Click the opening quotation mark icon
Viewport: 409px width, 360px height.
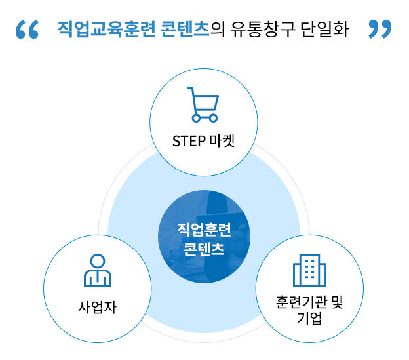point(27,29)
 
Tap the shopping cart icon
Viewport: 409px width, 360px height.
point(203,104)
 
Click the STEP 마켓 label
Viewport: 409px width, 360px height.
point(203,142)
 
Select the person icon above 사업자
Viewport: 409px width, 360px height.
point(98,270)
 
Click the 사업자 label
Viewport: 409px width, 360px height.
point(97,307)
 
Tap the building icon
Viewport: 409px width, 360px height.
point(309,270)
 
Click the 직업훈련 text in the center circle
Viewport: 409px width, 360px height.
point(204,230)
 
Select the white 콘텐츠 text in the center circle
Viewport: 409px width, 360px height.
point(204,249)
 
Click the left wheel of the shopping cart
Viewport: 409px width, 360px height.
point(195,118)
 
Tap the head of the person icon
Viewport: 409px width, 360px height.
point(98,260)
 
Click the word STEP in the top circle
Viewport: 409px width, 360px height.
point(187,142)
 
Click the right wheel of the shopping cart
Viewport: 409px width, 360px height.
point(212,118)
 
